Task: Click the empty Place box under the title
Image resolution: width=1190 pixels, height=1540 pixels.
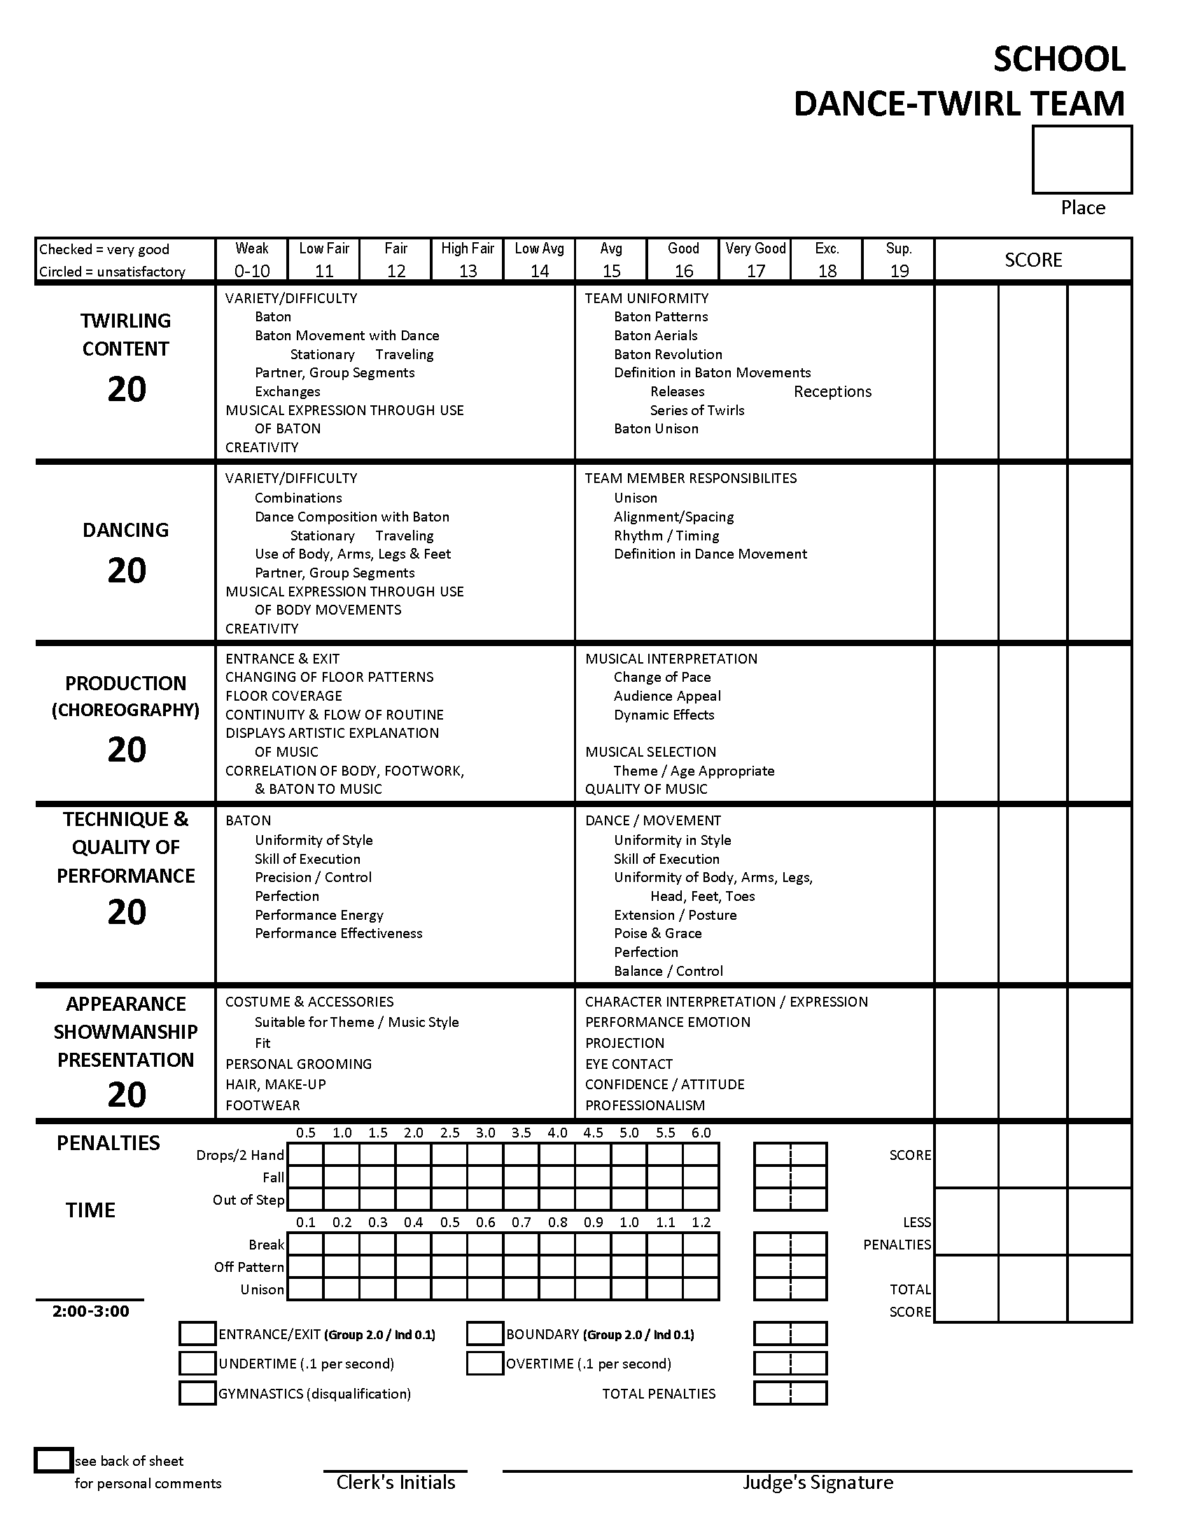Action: click(1081, 160)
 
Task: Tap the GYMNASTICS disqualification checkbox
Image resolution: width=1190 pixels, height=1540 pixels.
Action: click(197, 1393)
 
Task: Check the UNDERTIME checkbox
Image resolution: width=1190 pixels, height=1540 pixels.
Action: click(197, 1364)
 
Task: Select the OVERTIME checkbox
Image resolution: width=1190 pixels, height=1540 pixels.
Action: click(484, 1364)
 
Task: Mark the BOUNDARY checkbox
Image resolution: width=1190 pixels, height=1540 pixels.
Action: click(484, 1334)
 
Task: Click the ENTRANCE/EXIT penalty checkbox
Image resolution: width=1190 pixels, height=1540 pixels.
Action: click(197, 1334)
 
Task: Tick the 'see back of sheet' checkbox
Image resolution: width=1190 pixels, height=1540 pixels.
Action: click(54, 1460)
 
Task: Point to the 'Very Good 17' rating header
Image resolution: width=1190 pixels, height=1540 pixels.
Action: click(755, 260)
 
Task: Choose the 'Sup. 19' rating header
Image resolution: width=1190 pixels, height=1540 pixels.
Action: click(899, 260)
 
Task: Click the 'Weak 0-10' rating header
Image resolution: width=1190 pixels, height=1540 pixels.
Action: click(252, 260)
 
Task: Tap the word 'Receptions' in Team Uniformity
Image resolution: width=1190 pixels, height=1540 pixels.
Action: click(832, 391)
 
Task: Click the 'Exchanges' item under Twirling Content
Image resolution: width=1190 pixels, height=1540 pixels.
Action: click(288, 391)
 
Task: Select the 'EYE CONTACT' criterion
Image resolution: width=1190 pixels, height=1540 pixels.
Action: click(629, 1064)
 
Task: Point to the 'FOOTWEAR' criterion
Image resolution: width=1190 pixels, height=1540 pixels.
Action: click(262, 1105)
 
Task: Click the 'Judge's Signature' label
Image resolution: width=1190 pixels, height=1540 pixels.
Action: click(818, 1482)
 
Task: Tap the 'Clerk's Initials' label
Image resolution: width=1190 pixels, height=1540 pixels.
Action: click(395, 1482)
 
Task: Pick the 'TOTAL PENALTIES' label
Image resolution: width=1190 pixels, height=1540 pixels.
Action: click(659, 1393)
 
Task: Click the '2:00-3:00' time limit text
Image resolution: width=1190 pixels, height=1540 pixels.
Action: click(91, 1311)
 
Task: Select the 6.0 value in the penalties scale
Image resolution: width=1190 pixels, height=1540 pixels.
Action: click(701, 1133)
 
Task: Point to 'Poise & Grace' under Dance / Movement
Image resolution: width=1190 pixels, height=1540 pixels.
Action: click(657, 933)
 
